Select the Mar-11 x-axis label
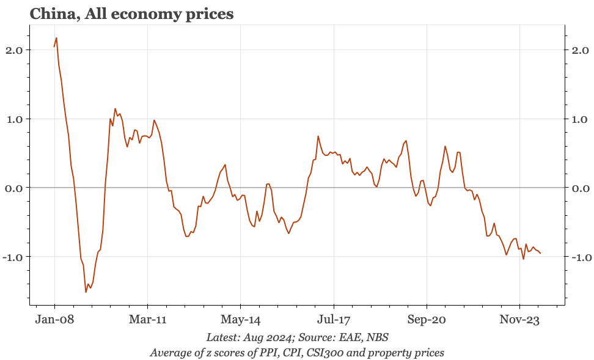[x=147, y=319]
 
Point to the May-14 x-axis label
[x=241, y=319]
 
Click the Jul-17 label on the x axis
[x=334, y=319]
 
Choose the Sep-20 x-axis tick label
[x=427, y=319]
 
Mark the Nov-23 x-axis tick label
[x=519, y=319]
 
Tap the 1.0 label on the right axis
[x=581, y=119]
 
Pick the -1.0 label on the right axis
[x=579, y=257]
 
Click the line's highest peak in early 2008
[x=56, y=38]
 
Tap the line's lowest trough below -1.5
[x=86, y=292]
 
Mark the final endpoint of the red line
[x=540, y=254]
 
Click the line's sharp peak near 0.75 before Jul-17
[x=318, y=136]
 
